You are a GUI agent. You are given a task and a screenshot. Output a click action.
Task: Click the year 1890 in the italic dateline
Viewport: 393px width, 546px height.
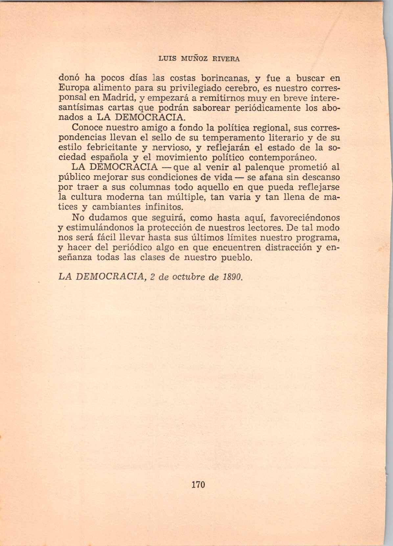(233, 277)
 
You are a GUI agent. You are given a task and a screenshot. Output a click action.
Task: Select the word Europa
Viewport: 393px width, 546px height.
(72, 89)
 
